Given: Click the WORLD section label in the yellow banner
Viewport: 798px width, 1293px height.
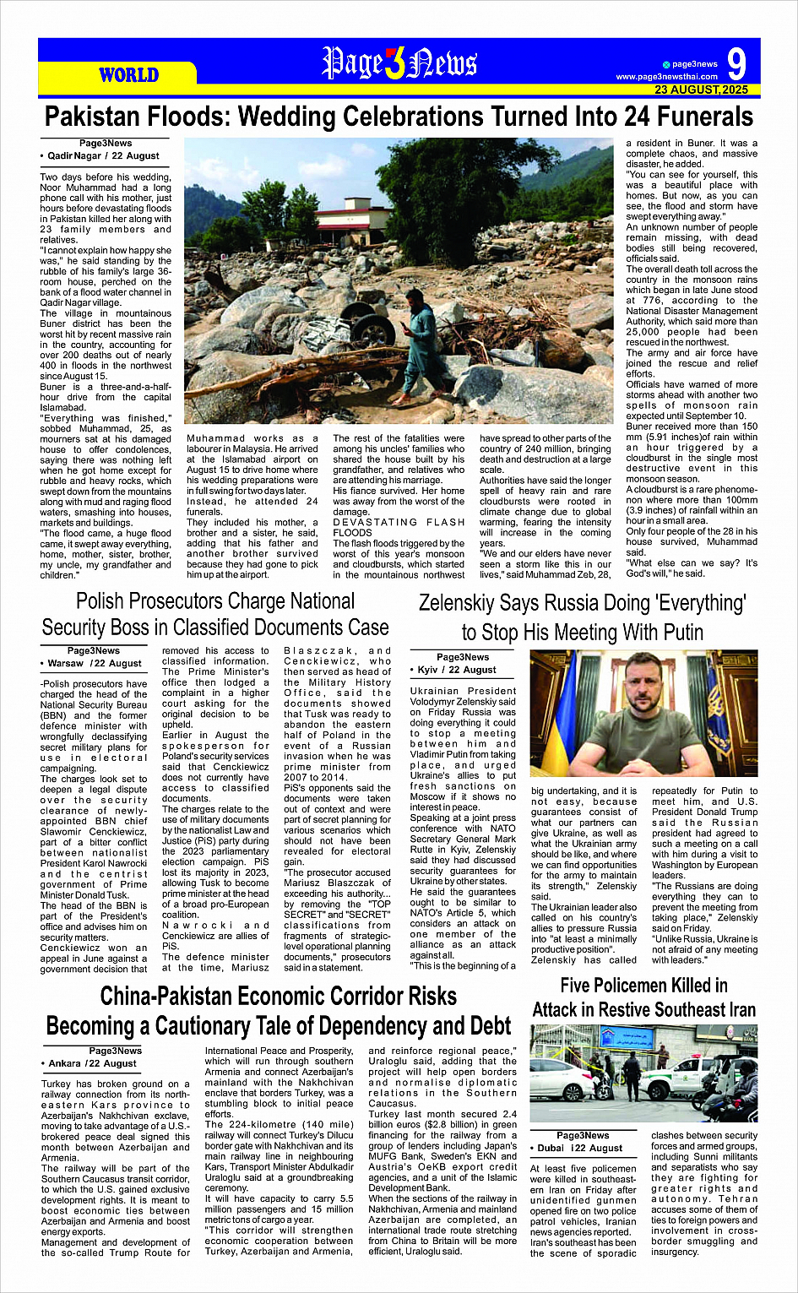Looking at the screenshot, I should tap(128, 75).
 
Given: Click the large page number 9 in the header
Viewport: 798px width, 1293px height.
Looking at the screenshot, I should tap(736, 64).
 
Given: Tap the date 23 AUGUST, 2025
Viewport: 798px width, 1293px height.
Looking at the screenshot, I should tap(701, 90).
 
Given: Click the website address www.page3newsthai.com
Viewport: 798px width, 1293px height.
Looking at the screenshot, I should tap(666, 77).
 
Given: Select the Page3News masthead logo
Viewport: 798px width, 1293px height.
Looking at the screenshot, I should tap(399, 63).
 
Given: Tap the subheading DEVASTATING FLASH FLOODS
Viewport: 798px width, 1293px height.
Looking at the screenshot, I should tap(399, 528).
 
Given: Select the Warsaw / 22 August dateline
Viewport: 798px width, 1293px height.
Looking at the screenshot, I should tap(95, 663).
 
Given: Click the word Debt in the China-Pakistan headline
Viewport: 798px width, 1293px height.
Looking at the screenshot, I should tap(482, 1026).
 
